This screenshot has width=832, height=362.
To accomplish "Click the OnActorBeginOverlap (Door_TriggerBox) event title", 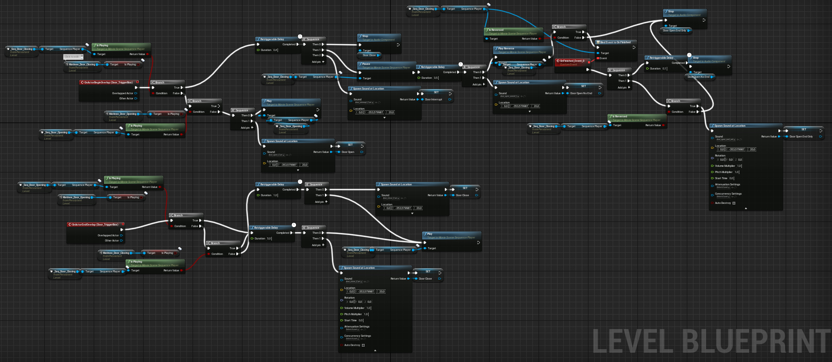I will click(109, 82).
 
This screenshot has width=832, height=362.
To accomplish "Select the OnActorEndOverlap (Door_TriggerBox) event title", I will click(95, 225).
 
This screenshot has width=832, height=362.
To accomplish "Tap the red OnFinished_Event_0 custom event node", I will click(572, 61).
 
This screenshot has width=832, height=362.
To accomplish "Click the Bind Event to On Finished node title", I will click(615, 42).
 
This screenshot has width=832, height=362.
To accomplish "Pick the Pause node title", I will click(366, 64).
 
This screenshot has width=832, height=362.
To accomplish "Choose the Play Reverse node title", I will click(506, 48).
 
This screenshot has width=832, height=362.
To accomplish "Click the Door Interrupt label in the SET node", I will click(434, 99).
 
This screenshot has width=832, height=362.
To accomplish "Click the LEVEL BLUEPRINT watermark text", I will click(710, 341).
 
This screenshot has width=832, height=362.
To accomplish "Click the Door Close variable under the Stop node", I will click(369, 55).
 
